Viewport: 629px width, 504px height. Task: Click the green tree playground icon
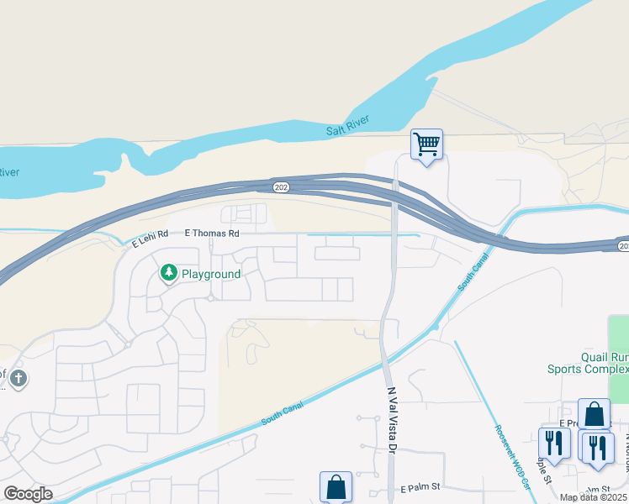(169, 273)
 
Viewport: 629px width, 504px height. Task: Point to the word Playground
(211, 274)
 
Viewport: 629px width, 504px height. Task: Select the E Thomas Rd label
(212, 233)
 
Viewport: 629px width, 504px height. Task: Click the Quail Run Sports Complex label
(588, 362)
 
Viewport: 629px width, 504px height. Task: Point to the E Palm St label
(421, 488)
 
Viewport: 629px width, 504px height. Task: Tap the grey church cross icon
(18, 379)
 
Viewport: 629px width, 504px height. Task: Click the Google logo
(28, 494)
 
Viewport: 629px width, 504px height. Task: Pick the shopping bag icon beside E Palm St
(336, 487)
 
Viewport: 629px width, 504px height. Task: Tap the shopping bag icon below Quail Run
(594, 413)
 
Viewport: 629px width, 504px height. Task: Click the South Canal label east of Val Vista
(473, 275)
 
